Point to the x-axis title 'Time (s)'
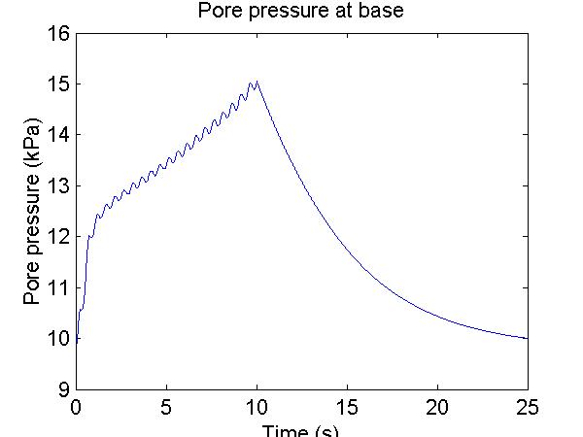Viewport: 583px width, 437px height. [x=303, y=431]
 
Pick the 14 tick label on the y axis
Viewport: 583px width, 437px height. [x=58, y=135]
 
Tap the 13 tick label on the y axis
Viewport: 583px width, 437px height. [x=58, y=186]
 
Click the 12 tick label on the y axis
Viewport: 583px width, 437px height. [x=58, y=237]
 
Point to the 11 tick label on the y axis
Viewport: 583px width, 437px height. [x=58, y=288]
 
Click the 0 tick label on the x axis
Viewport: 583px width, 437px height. [x=77, y=407]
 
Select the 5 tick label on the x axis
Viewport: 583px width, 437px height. [x=167, y=407]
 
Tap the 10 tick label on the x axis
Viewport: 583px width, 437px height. [x=257, y=407]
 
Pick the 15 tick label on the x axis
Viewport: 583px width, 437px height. [x=348, y=407]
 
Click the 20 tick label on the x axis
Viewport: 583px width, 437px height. [x=438, y=407]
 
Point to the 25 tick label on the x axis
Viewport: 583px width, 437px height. [x=529, y=407]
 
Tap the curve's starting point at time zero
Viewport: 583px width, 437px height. [x=77, y=340]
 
